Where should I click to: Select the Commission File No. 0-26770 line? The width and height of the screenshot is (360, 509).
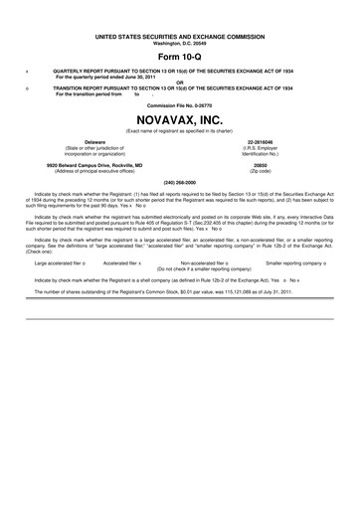[x=179, y=104]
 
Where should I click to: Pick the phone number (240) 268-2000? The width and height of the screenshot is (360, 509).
[x=179, y=182]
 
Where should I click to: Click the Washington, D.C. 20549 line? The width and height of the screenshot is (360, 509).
[x=179, y=42]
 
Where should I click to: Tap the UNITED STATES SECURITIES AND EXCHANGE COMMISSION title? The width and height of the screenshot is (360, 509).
[x=179, y=36]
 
